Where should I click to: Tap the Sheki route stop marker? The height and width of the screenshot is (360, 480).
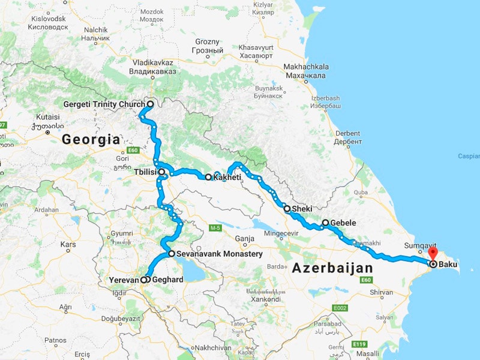pos(287,209)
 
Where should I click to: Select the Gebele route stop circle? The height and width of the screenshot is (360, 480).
pos(325,223)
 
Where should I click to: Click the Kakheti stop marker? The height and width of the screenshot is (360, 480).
pos(208,177)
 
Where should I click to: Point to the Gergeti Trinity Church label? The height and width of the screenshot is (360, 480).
pos(104,104)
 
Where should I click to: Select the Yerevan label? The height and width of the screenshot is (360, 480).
pos(124,280)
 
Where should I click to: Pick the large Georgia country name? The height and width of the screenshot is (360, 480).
pos(91,140)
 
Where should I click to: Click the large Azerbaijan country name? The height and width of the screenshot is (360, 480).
pos(332,268)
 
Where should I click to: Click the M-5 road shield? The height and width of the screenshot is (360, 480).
pos(215,229)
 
